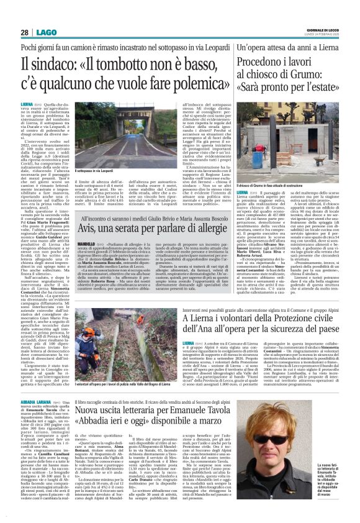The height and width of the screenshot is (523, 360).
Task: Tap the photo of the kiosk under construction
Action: tap(287, 131)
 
